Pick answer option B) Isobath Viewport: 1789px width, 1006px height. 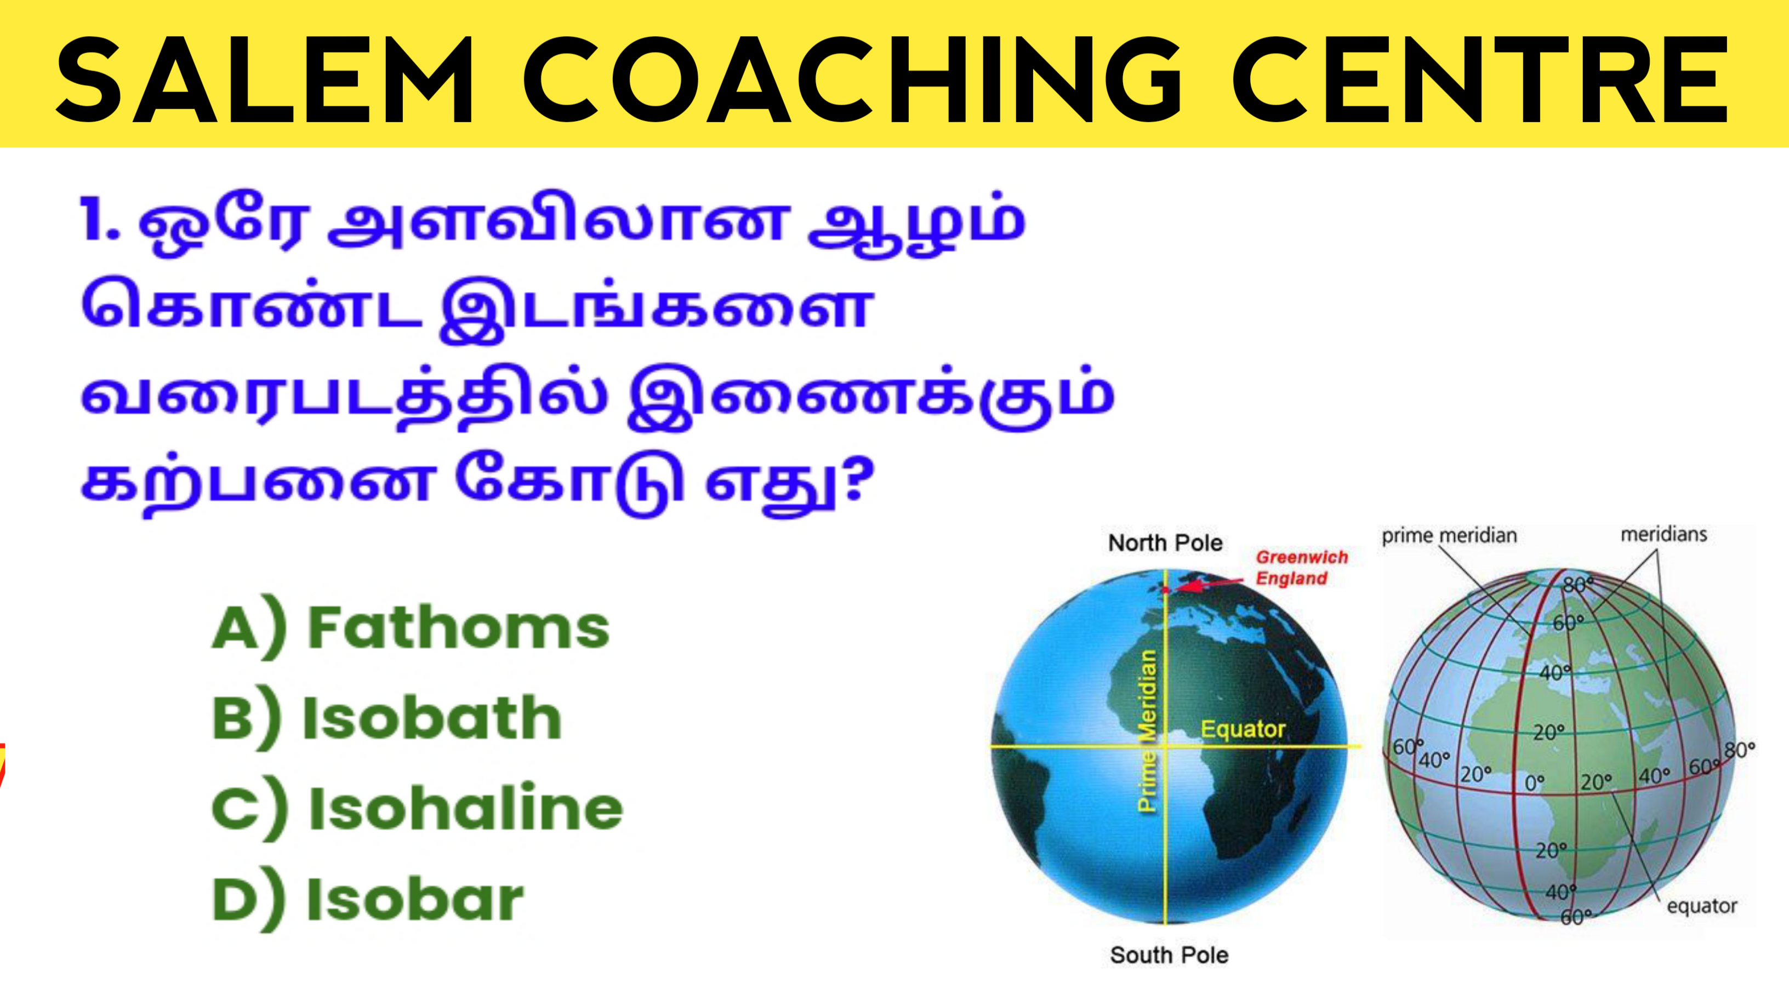point(387,717)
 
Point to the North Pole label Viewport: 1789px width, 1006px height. point(1165,543)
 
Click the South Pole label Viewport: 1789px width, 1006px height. point(1170,956)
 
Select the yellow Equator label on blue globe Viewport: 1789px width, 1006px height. point(1243,729)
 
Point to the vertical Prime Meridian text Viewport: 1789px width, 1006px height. point(1147,730)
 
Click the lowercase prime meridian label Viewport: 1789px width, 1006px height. point(1449,536)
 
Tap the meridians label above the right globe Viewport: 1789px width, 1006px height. point(1664,534)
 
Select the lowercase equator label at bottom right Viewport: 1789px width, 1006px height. point(1701,906)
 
